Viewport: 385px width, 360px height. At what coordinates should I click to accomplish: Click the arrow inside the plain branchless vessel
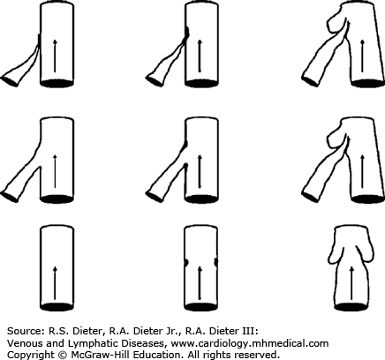(x=55, y=283)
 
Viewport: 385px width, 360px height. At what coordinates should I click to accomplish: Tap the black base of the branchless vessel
(x=57, y=307)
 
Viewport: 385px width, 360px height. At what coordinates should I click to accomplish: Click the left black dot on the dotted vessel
(x=186, y=262)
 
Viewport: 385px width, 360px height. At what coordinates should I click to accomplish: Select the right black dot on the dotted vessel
(x=216, y=262)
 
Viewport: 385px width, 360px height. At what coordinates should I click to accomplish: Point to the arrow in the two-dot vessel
(x=200, y=283)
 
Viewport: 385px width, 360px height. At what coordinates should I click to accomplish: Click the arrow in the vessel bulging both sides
(x=351, y=283)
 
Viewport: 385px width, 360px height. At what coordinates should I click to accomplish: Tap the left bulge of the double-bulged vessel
(x=335, y=252)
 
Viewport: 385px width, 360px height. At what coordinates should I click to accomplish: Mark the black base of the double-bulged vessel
(x=351, y=307)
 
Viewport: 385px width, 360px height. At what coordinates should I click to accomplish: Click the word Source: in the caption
(x=25, y=331)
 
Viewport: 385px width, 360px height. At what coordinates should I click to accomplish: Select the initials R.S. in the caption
(x=55, y=331)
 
